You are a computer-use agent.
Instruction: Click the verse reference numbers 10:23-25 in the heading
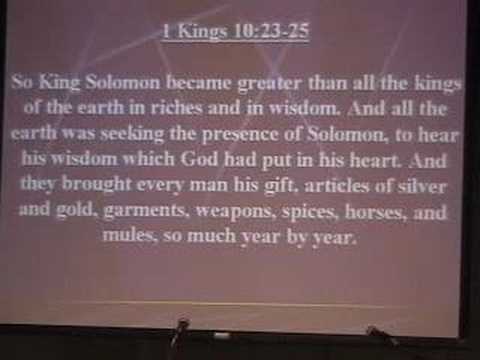[x=271, y=32]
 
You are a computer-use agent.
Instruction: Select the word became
[x=199, y=83]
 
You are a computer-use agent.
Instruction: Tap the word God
[x=199, y=159]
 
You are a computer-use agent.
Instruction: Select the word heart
[x=375, y=160]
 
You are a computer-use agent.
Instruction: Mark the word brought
[x=96, y=184]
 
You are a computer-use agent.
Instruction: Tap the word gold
[x=75, y=210]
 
